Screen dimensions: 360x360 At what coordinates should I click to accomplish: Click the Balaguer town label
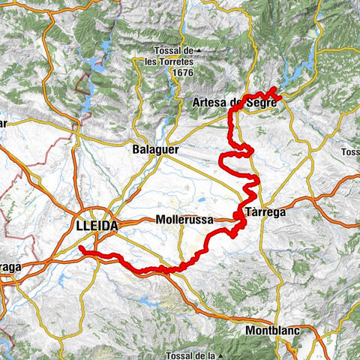point(155,149)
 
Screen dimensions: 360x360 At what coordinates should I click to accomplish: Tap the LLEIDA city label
point(97,225)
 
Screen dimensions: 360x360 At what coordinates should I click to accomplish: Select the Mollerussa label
point(184,220)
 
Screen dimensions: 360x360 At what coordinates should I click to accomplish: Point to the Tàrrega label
point(265,212)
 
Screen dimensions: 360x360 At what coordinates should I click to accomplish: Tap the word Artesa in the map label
point(209,103)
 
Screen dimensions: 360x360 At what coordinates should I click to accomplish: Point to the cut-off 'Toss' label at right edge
point(350,151)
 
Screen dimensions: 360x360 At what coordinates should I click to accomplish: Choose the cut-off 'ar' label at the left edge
point(3,124)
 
